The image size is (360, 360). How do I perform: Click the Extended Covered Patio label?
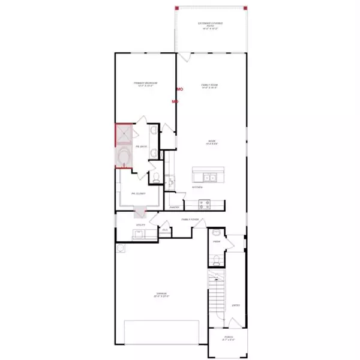[x=210, y=25]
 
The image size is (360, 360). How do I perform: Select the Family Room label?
[x=209, y=86]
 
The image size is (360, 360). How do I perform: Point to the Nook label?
[x=209, y=143]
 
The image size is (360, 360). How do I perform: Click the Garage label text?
[x=158, y=295]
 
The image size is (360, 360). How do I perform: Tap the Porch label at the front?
[x=228, y=337]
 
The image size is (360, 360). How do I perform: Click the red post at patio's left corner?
[x=176, y=8]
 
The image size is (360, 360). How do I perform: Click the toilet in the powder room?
[x=216, y=260]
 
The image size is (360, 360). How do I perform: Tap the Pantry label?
[x=175, y=207]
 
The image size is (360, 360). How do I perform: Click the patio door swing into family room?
[x=184, y=57]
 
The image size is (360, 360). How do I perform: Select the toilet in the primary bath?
[x=156, y=177]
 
